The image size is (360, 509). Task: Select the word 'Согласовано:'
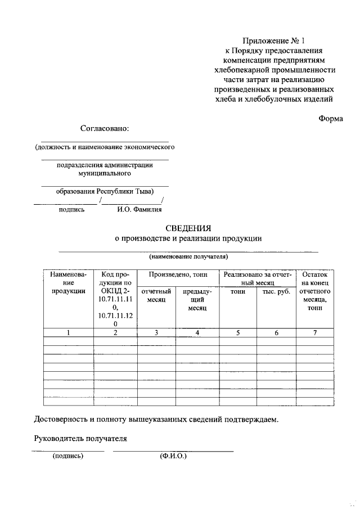click(x=105, y=128)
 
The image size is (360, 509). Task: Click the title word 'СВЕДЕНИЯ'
click(x=188, y=228)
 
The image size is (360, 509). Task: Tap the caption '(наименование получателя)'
click(x=188, y=256)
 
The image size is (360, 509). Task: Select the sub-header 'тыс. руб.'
click(x=276, y=291)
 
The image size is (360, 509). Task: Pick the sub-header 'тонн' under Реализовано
click(x=238, y=291)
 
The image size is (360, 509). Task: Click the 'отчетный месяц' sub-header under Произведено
click(x=156, y=296)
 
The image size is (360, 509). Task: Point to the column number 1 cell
click(x=68, y=333)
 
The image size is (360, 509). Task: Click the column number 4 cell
click(x=197, y=333)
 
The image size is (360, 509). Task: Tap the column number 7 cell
click(x=315, y=333)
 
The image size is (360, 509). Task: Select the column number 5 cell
click(x=238, y=333)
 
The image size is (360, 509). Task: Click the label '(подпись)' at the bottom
click(x=67, y=456)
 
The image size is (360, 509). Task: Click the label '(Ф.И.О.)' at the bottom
click(x=173, y=456)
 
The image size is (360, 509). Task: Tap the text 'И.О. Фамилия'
click(x=139, y=210)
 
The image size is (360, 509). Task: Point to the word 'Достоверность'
click(x=61, y=419)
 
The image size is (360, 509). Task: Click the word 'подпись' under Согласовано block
click(x=71, y=210)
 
